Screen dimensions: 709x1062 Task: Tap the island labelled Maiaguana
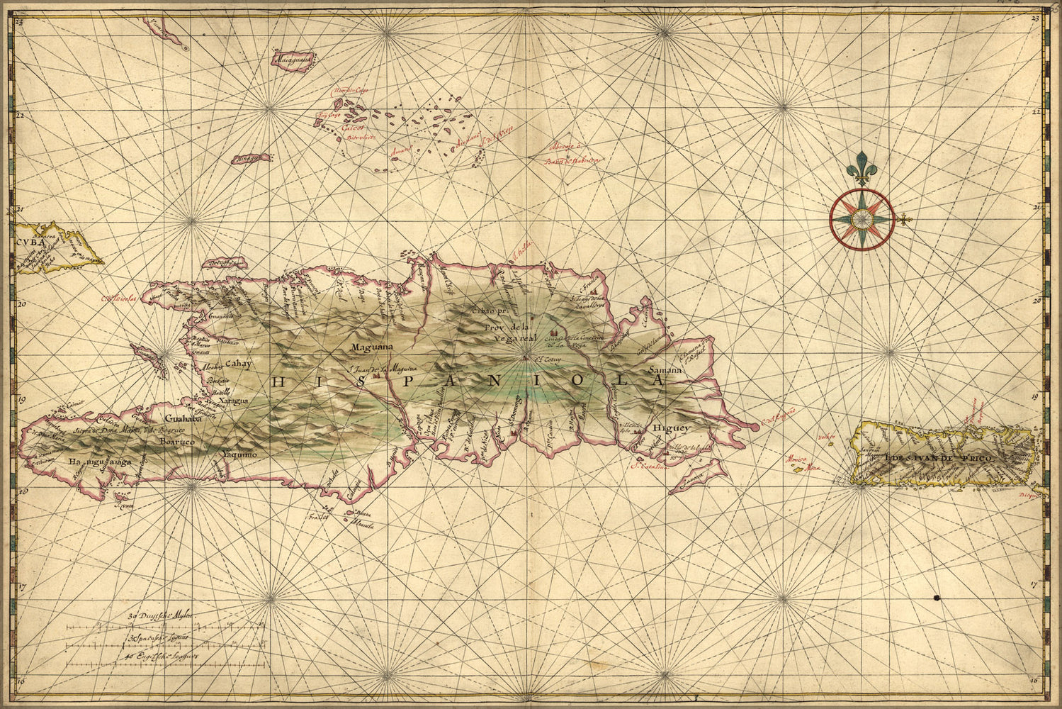[293, 60]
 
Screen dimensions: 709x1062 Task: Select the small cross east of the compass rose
[904, 221]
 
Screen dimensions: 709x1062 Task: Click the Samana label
[665, 371]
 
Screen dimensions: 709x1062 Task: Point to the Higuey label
[672, 428]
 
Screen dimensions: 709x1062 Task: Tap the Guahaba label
[180, 419]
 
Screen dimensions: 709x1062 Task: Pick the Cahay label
[239, 364]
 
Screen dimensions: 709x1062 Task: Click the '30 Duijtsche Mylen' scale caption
[162, 617]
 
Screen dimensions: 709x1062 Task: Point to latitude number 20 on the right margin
[1036, 300]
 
